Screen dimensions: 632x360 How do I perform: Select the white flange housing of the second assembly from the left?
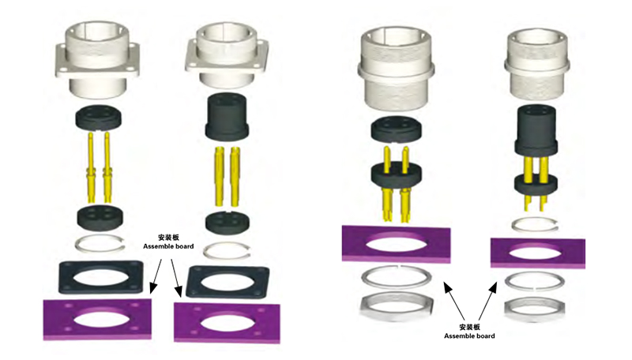coord(227,55)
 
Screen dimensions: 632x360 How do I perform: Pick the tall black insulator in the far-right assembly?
coord(536,131)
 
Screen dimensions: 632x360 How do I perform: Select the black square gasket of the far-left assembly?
coord(101,277)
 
